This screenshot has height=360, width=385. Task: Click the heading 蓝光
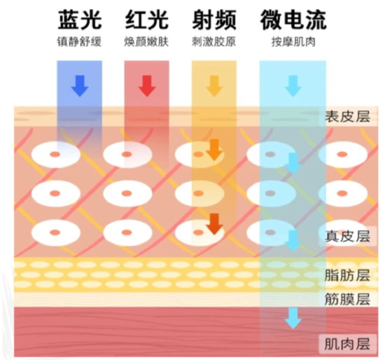80,20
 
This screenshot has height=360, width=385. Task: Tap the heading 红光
147,20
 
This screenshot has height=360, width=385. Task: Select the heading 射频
214,20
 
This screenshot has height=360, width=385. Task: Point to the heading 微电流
293,20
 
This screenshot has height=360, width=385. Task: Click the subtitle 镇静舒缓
79,41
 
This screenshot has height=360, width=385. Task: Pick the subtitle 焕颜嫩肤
146,41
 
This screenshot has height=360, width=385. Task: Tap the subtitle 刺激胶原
214,41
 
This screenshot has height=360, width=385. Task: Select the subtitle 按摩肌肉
293,41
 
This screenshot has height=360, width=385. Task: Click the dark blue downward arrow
80,85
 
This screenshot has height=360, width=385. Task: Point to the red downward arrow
147,85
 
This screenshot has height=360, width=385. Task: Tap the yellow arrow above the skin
214,85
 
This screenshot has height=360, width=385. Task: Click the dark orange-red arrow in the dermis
215,224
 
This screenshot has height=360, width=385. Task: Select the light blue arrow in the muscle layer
293,319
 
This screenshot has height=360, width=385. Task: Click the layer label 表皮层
347,116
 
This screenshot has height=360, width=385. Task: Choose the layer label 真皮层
347,236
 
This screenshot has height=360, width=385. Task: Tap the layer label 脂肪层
347,275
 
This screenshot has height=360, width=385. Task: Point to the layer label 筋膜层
347,299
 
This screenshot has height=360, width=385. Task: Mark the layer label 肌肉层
347,343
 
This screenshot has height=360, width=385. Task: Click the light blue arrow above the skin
293,85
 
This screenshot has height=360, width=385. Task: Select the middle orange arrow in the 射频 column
214,150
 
